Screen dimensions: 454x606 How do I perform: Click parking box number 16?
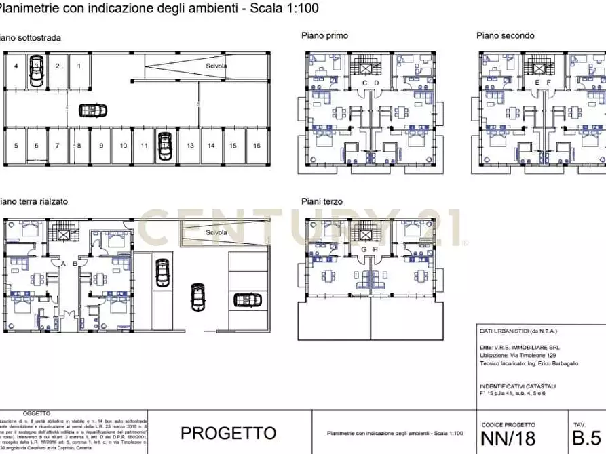pos(257,146)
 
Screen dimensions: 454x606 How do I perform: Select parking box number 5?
pos(16,146)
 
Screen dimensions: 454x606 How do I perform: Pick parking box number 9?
pos(101,146)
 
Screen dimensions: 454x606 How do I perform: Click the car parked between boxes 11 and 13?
pos(164,146)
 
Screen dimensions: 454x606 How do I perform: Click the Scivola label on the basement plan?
pos(216,66)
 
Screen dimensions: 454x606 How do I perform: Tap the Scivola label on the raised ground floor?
pos(216,232)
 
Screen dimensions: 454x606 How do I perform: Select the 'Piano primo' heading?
pos(325,36)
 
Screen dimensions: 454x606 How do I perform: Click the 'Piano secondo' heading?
pos(505,36)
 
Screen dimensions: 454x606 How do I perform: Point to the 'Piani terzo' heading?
pos(322,201)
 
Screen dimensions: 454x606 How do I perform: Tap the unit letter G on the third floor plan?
pos(364,249)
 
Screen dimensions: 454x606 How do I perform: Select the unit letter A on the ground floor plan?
pos(62,263)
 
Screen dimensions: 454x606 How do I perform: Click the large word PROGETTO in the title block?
pos(228,433)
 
